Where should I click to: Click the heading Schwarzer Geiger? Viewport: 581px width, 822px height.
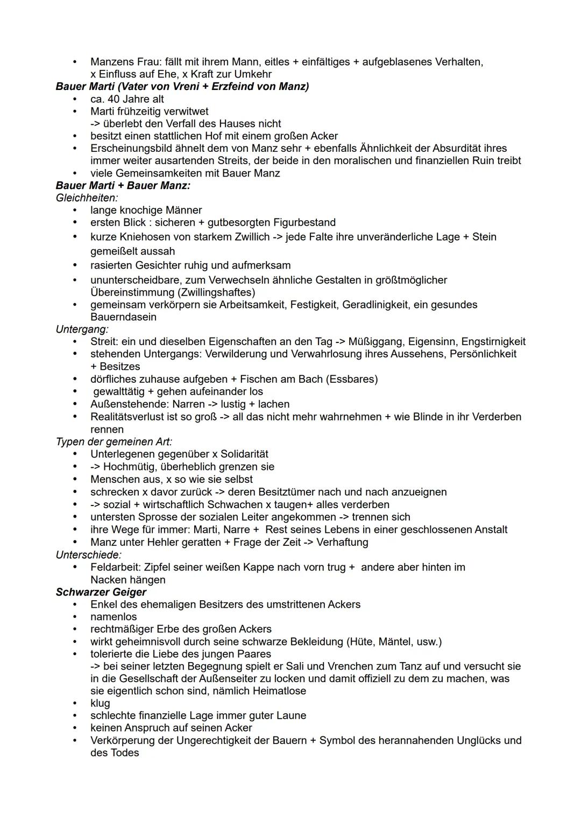coord(101,592)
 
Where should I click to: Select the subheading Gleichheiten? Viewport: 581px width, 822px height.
coord(87,198)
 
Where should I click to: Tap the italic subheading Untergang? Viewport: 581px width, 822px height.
coord(82,329)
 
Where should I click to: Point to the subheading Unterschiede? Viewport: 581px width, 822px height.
coord(89,554)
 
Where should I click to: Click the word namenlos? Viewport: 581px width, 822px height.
coord(114,617)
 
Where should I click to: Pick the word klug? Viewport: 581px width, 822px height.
coord(100,703)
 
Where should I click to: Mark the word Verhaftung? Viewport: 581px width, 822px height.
coord(343,542)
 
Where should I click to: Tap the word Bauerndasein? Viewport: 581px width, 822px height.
coord(123,317)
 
